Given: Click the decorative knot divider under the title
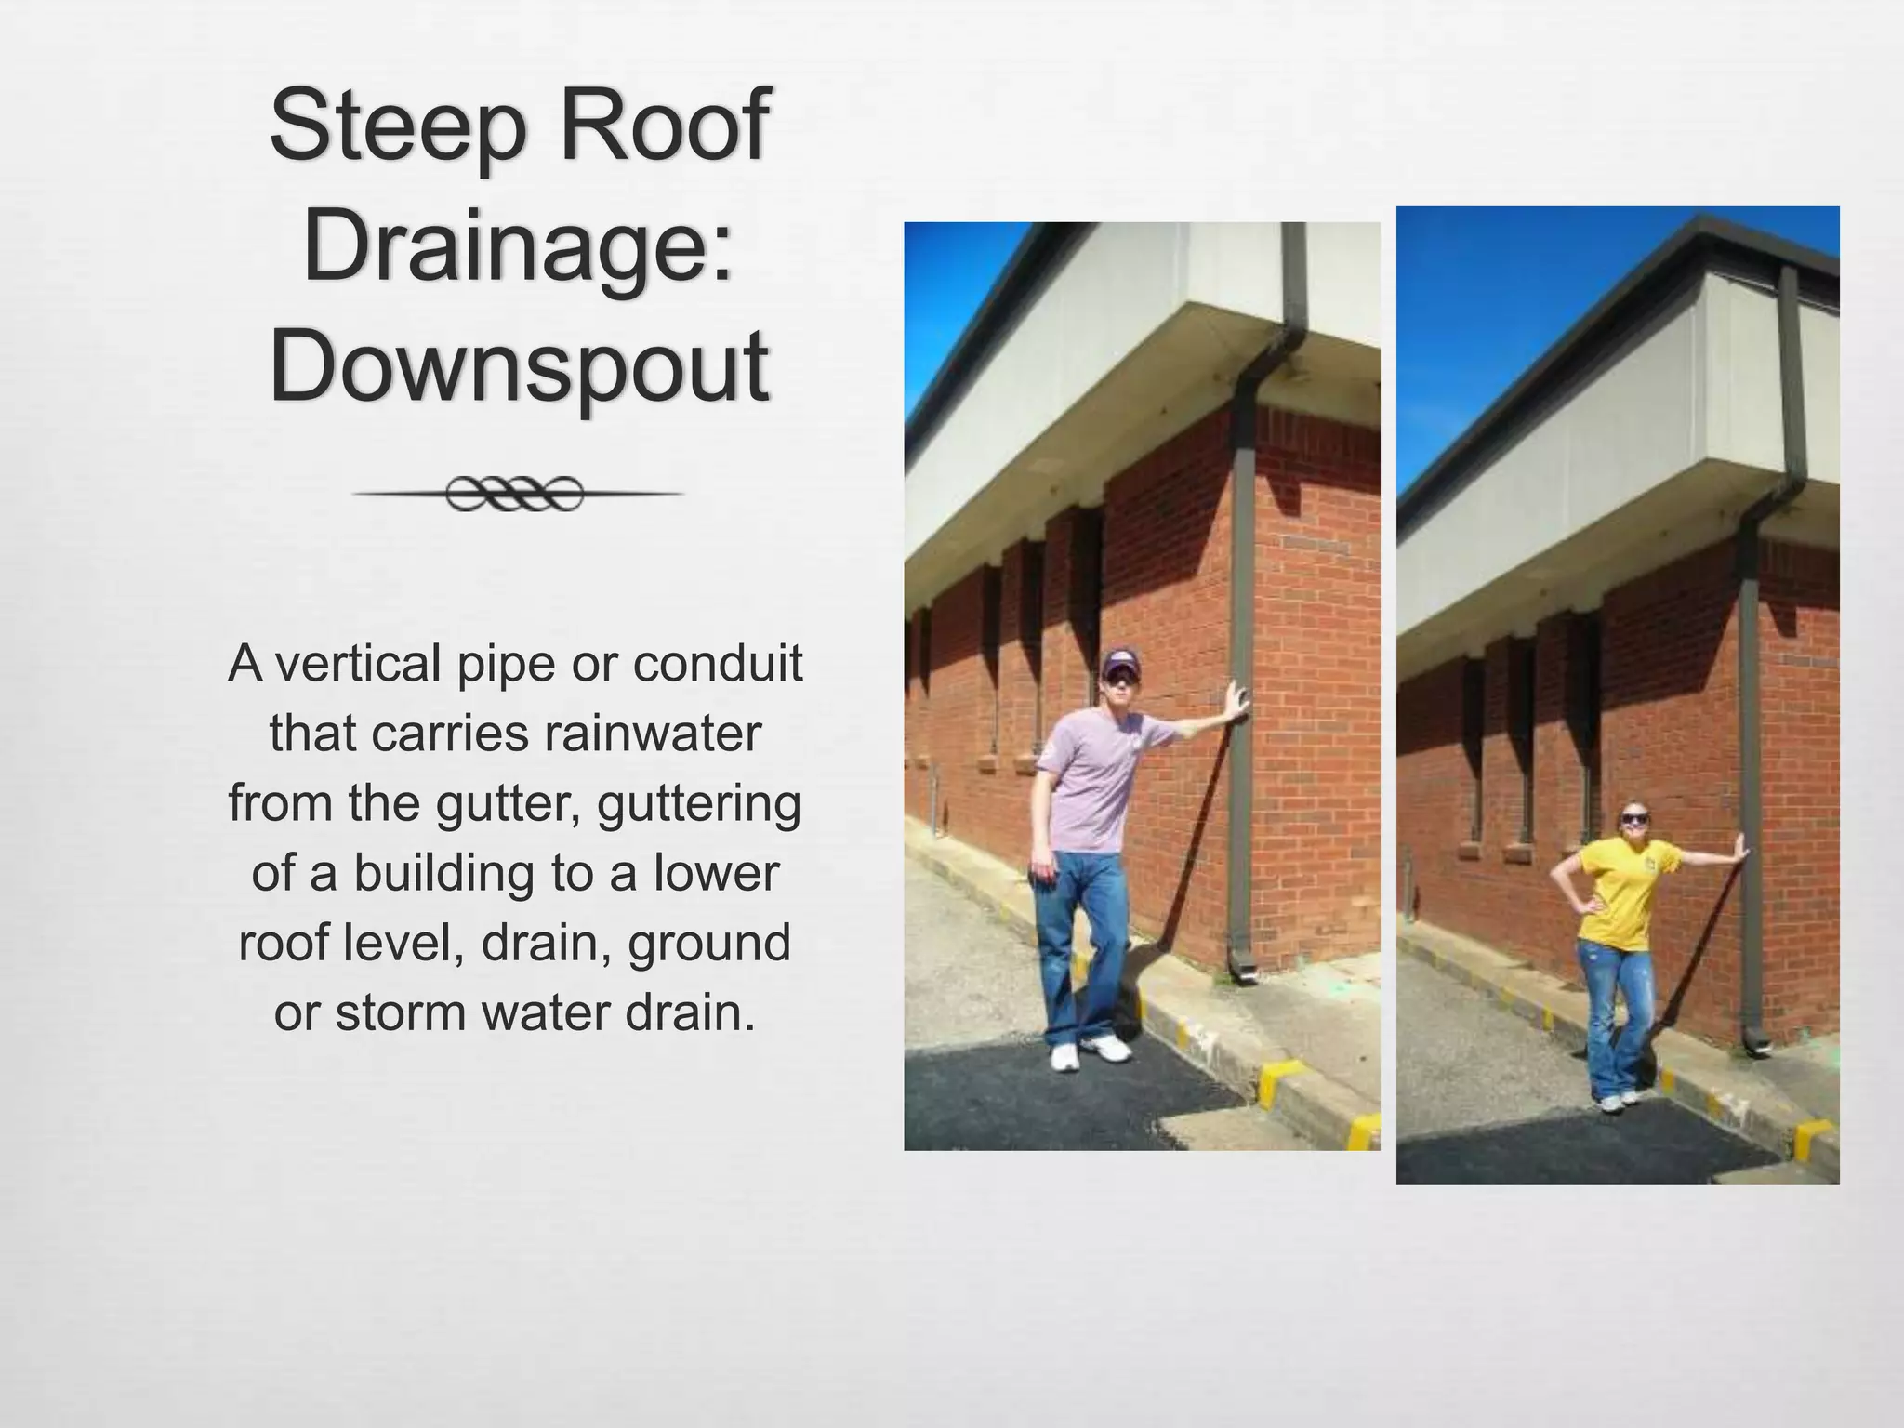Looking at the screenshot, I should pyautogui.click(x=517, y=494).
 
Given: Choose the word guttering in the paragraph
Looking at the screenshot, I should pyautogui.click(x=699, y=803).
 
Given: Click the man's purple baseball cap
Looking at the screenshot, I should pyautogui.click(x=1120, y=662).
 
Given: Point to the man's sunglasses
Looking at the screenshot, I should pyautogui.click(x=1122, y=680).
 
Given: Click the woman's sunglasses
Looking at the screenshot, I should pyautogui.click(x=1634, y=818).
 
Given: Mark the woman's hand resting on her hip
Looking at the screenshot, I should pyautogui.click(x=1581, y=903).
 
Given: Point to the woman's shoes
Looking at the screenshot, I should pyautogui.click(x=1620, y=1100).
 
